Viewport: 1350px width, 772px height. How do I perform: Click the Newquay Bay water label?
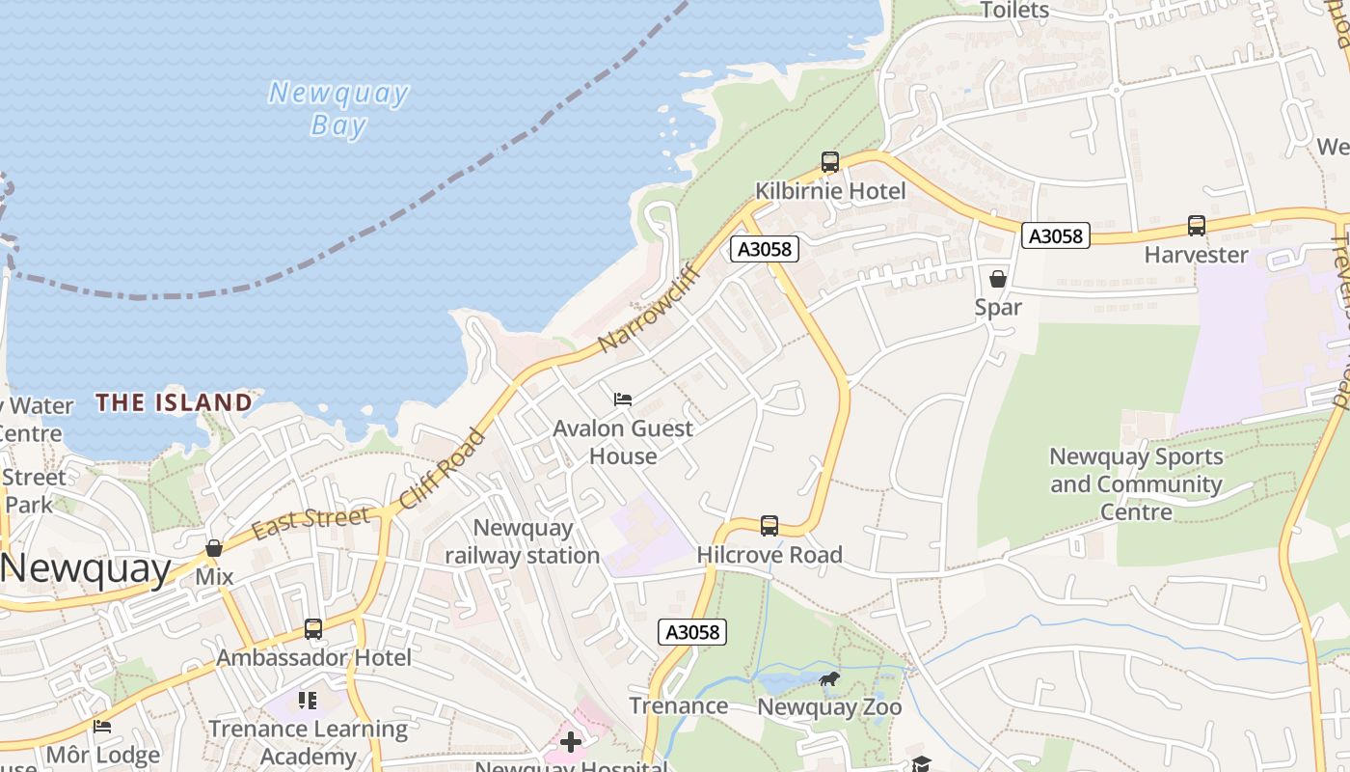[338, 109]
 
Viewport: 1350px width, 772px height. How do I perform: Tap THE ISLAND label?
[175, 402]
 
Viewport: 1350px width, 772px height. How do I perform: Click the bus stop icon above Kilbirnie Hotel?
[829, 162]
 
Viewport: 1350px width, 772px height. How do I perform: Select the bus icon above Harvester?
[1196, 226]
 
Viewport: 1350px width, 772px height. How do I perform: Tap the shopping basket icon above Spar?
[998, 279]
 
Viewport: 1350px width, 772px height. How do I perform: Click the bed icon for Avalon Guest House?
[623, 399]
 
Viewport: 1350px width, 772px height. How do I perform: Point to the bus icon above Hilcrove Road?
[769, 526]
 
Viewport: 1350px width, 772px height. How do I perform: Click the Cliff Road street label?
[443, 469]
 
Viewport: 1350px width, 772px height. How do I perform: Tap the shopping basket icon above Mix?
[214, 548]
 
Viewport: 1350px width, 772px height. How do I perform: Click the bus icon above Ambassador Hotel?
[313, 629]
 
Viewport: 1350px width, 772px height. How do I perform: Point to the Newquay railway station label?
[523, 541]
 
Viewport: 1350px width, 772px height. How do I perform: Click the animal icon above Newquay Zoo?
[828, 679]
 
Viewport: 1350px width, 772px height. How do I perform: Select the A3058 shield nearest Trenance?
[692, 632]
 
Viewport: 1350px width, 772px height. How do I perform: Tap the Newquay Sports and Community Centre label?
[1136, 483]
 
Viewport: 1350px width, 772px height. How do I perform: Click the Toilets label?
[1013, 11]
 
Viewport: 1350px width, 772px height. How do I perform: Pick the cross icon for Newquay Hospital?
[571, 742]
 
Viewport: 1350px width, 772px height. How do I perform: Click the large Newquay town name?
[87, 569]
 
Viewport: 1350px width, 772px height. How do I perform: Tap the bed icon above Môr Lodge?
[102, 727]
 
